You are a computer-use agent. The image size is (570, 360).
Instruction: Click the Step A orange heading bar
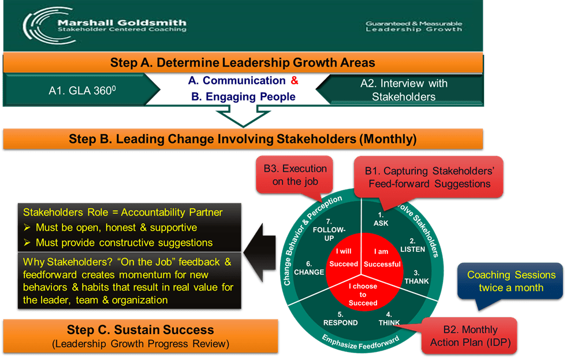pyautogui.click(x=243, y=62)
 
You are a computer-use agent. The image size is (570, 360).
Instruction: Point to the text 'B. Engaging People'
pyautogui.click(x=243, y=97)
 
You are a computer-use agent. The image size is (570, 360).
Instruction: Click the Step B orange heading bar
pyautogui.click(x=243, y=139)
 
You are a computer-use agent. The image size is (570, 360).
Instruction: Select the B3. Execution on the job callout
pyautogui.click(x=295, y=175)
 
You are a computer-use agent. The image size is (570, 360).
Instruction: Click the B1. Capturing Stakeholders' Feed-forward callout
pyautogui.click(x=427, y=177)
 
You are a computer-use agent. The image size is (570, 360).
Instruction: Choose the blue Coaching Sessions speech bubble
pyautogui.click(x=511, y=281)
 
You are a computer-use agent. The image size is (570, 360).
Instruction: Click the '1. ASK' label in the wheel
pyautogui.click(x=381, y=219)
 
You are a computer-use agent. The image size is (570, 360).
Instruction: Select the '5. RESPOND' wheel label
pyautogui.click(x=340, y=318)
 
